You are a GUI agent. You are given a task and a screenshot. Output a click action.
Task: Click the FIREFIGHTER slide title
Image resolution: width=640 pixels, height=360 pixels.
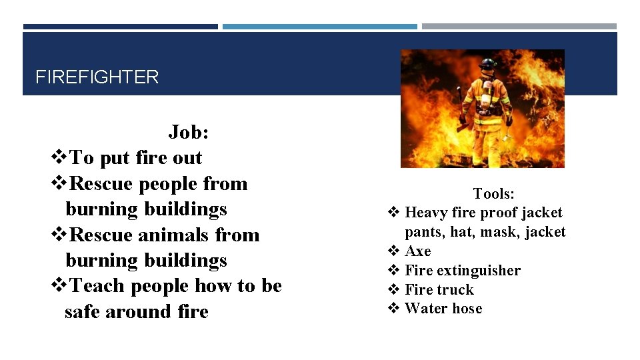(97, 77)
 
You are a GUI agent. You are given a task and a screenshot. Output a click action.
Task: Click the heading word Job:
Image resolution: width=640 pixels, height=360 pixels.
(189, 132)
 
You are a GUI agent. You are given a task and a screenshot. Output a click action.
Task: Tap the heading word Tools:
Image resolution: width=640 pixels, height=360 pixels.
(493, 194)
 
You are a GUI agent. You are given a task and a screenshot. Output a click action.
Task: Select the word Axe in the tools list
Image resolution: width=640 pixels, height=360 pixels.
(418, 251)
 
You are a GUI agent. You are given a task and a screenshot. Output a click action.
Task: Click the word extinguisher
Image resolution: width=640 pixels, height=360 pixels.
(479, 271)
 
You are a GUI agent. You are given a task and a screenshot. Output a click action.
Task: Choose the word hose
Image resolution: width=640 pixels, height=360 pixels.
(467, 309)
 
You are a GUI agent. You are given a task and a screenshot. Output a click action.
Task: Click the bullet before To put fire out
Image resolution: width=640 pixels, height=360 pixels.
(59, 158)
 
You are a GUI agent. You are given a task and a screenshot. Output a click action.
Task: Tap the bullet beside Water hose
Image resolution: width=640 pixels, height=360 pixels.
(393, 309)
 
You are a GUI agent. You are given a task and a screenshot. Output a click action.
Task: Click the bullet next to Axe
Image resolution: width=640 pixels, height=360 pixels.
(393, 251)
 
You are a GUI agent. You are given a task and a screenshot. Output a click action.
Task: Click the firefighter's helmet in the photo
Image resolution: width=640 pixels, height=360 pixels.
(489, 65)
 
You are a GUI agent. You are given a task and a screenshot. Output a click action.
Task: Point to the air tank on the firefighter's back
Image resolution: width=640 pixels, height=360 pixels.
(487, 93)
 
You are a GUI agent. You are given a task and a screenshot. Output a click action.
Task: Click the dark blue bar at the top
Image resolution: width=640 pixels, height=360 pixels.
(120, 27)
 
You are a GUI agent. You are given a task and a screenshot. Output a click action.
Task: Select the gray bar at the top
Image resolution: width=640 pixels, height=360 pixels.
(519, 27)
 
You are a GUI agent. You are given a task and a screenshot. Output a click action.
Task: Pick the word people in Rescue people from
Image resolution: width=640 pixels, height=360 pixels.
(166, 183)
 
